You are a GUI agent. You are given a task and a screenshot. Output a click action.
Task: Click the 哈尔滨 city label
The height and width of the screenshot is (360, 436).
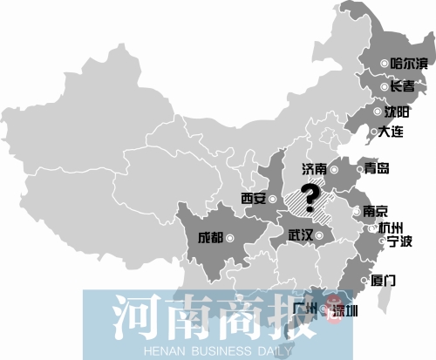pyautogui.click(x=408, y=63)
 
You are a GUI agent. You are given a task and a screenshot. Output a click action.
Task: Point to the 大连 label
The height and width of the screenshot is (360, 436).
pyautogui.click(x=393, y=133)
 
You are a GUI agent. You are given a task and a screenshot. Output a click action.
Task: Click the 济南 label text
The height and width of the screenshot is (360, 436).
pyautogui.click(x=317, y=169)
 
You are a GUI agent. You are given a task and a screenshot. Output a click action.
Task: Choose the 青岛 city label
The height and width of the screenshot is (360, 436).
pyautogui.click(x=377, y=170)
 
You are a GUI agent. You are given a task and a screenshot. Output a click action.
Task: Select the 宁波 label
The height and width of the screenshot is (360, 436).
pyautogui.click(x=399, y=242)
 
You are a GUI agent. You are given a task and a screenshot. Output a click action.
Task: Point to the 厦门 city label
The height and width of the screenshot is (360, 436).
pyautogui.click(x=384, y=281)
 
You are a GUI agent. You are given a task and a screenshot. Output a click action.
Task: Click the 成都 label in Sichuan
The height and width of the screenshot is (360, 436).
pyautogui.click(x=210, y=236)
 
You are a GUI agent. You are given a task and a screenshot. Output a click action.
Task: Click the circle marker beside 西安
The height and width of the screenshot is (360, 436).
pyautogui.click(x=273, y=200)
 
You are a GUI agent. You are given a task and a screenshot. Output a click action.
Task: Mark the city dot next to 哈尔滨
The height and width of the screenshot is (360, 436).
pyautogui.click(x=386, y=64)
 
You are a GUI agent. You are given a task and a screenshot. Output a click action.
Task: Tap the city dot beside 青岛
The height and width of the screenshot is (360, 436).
pyautogui.click(x=358, y=171)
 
